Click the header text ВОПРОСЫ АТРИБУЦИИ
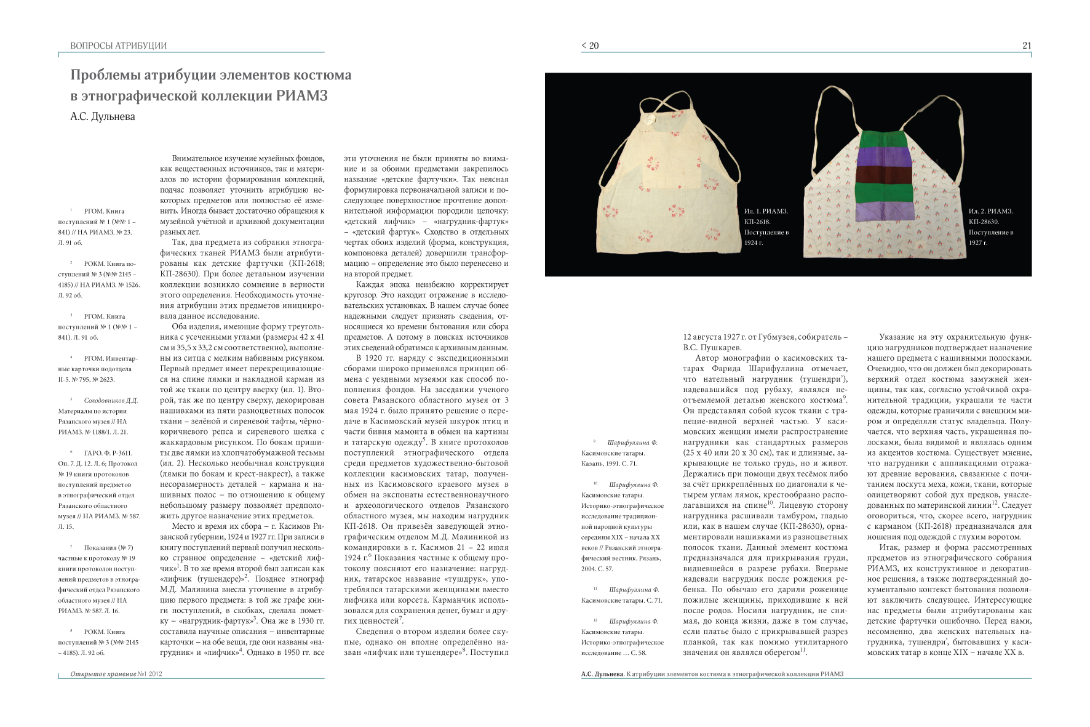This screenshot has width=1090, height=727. (118, 46)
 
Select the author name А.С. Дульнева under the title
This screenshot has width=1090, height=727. (102, 116)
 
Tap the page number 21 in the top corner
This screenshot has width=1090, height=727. (1026, 46)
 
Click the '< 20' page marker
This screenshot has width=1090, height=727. (590, 46)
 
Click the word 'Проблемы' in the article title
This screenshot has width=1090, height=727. (105, 75)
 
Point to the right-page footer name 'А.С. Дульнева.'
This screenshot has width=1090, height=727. (602, 674)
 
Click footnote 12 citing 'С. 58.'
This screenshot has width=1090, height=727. (621, 637)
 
